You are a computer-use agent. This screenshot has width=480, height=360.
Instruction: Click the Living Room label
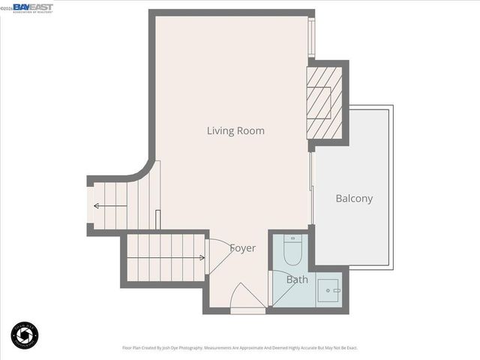(235, 130)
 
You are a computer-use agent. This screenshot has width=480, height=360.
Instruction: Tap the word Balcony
(354, 199)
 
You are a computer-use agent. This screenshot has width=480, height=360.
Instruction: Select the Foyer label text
(242, 248)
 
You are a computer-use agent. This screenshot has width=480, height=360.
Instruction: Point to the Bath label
(297, 280)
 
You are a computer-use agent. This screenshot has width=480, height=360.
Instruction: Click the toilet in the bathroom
(293, 250)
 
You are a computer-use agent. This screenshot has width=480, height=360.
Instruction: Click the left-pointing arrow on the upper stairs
(98, 205)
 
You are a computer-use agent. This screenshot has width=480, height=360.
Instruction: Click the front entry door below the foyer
(247, 299)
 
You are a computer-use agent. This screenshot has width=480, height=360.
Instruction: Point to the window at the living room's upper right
(313, 37)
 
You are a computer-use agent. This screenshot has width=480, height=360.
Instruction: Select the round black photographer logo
(25, 334)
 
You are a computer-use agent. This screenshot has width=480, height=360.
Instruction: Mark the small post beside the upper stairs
(156, 219)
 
